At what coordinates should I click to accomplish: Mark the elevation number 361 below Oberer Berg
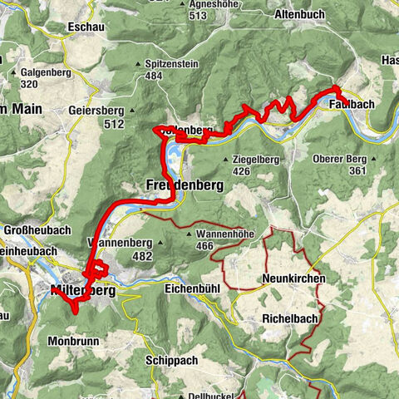(357, 171)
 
